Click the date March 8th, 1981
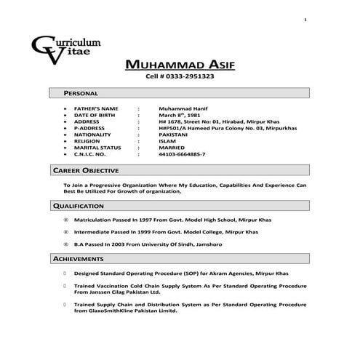click(x=178, y=114)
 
